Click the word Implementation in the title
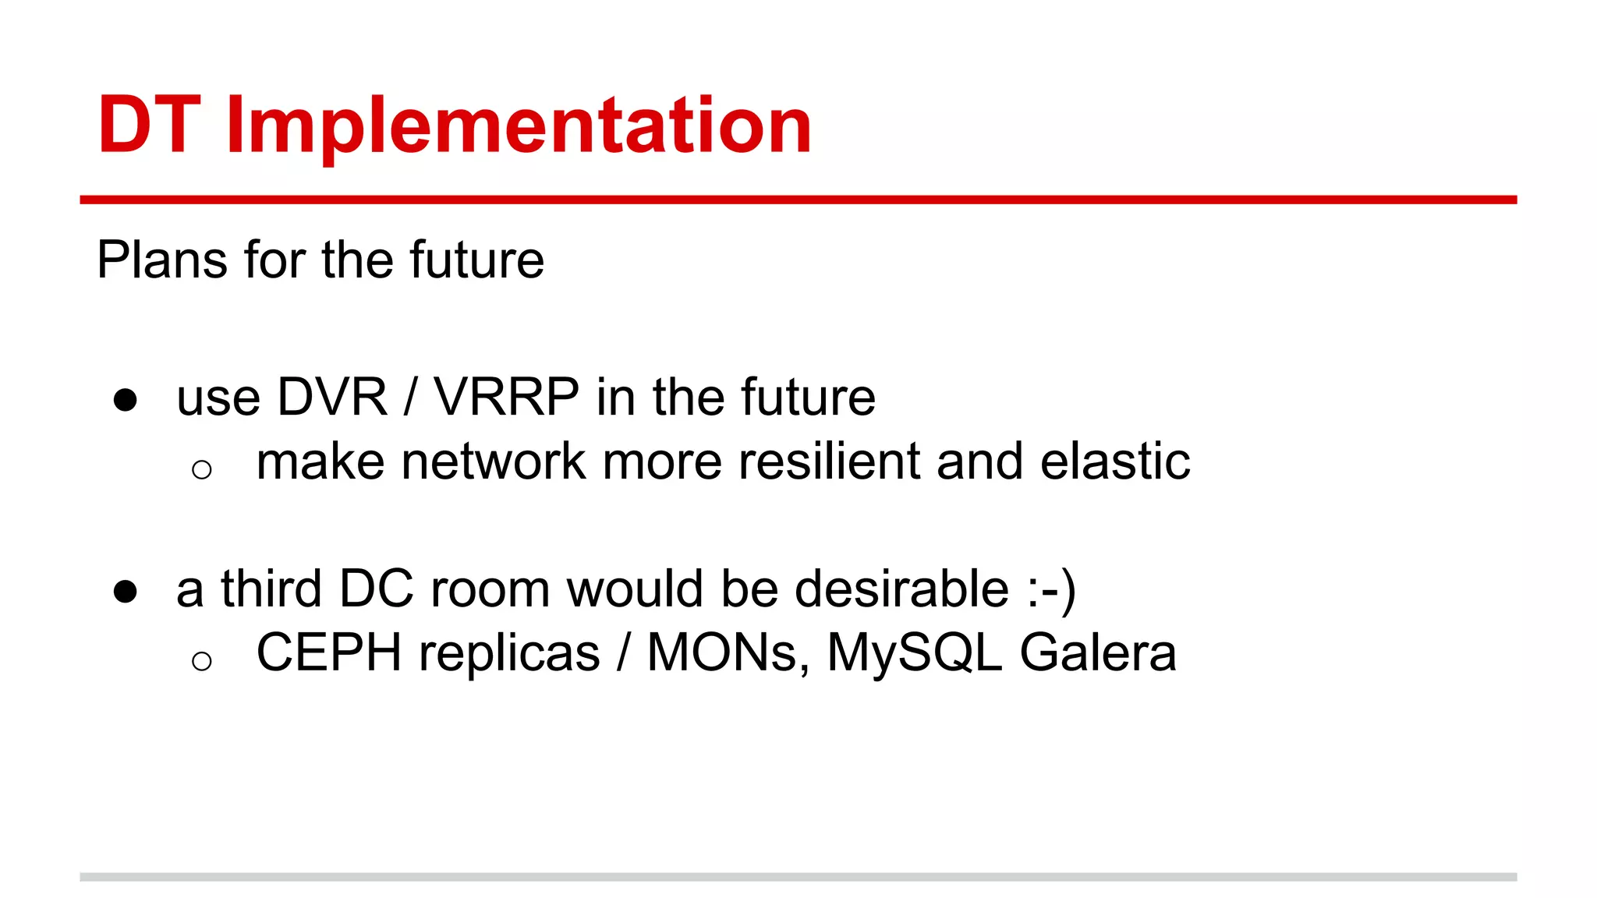point(519,126)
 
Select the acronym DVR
point(332,398)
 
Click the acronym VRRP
point(506,398)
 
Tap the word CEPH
point(329,652)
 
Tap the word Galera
point(1098,653)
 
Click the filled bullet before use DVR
point(125,400)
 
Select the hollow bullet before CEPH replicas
point(201,661)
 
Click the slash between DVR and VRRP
point(410,398)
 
